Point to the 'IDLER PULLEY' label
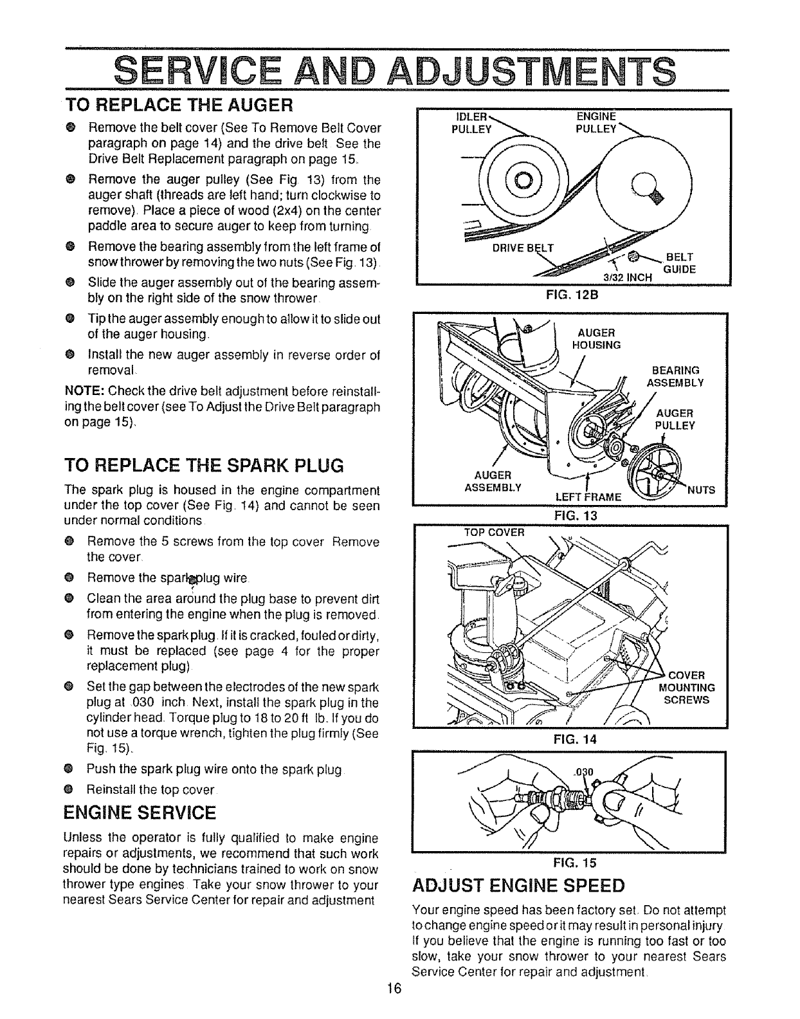pos(471,121)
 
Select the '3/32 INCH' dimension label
pos(626,277)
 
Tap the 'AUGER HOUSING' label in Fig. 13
pos(596,338)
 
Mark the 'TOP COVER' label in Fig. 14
pos(495,532)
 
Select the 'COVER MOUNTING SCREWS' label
pos(687,687)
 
